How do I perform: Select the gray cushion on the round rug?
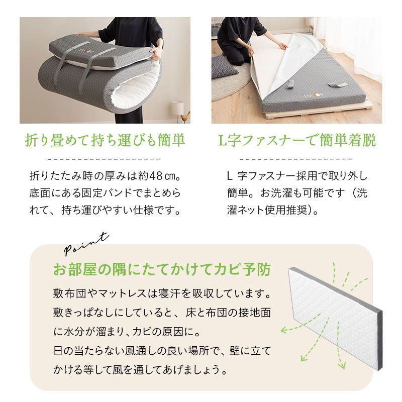pyautogui.click(x=224, y=65)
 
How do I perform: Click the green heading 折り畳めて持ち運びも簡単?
pyautogui.click(x=105, y=140)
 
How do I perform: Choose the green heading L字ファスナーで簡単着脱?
pyautogui.click(x=296, y=140)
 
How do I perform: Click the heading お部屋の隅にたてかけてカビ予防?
pyautogui.click(x=161, y=270)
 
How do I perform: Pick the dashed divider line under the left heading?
pyautogui.click(x=105, y=158)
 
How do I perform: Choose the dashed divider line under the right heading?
pyautogui.click(x=296, y=158)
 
